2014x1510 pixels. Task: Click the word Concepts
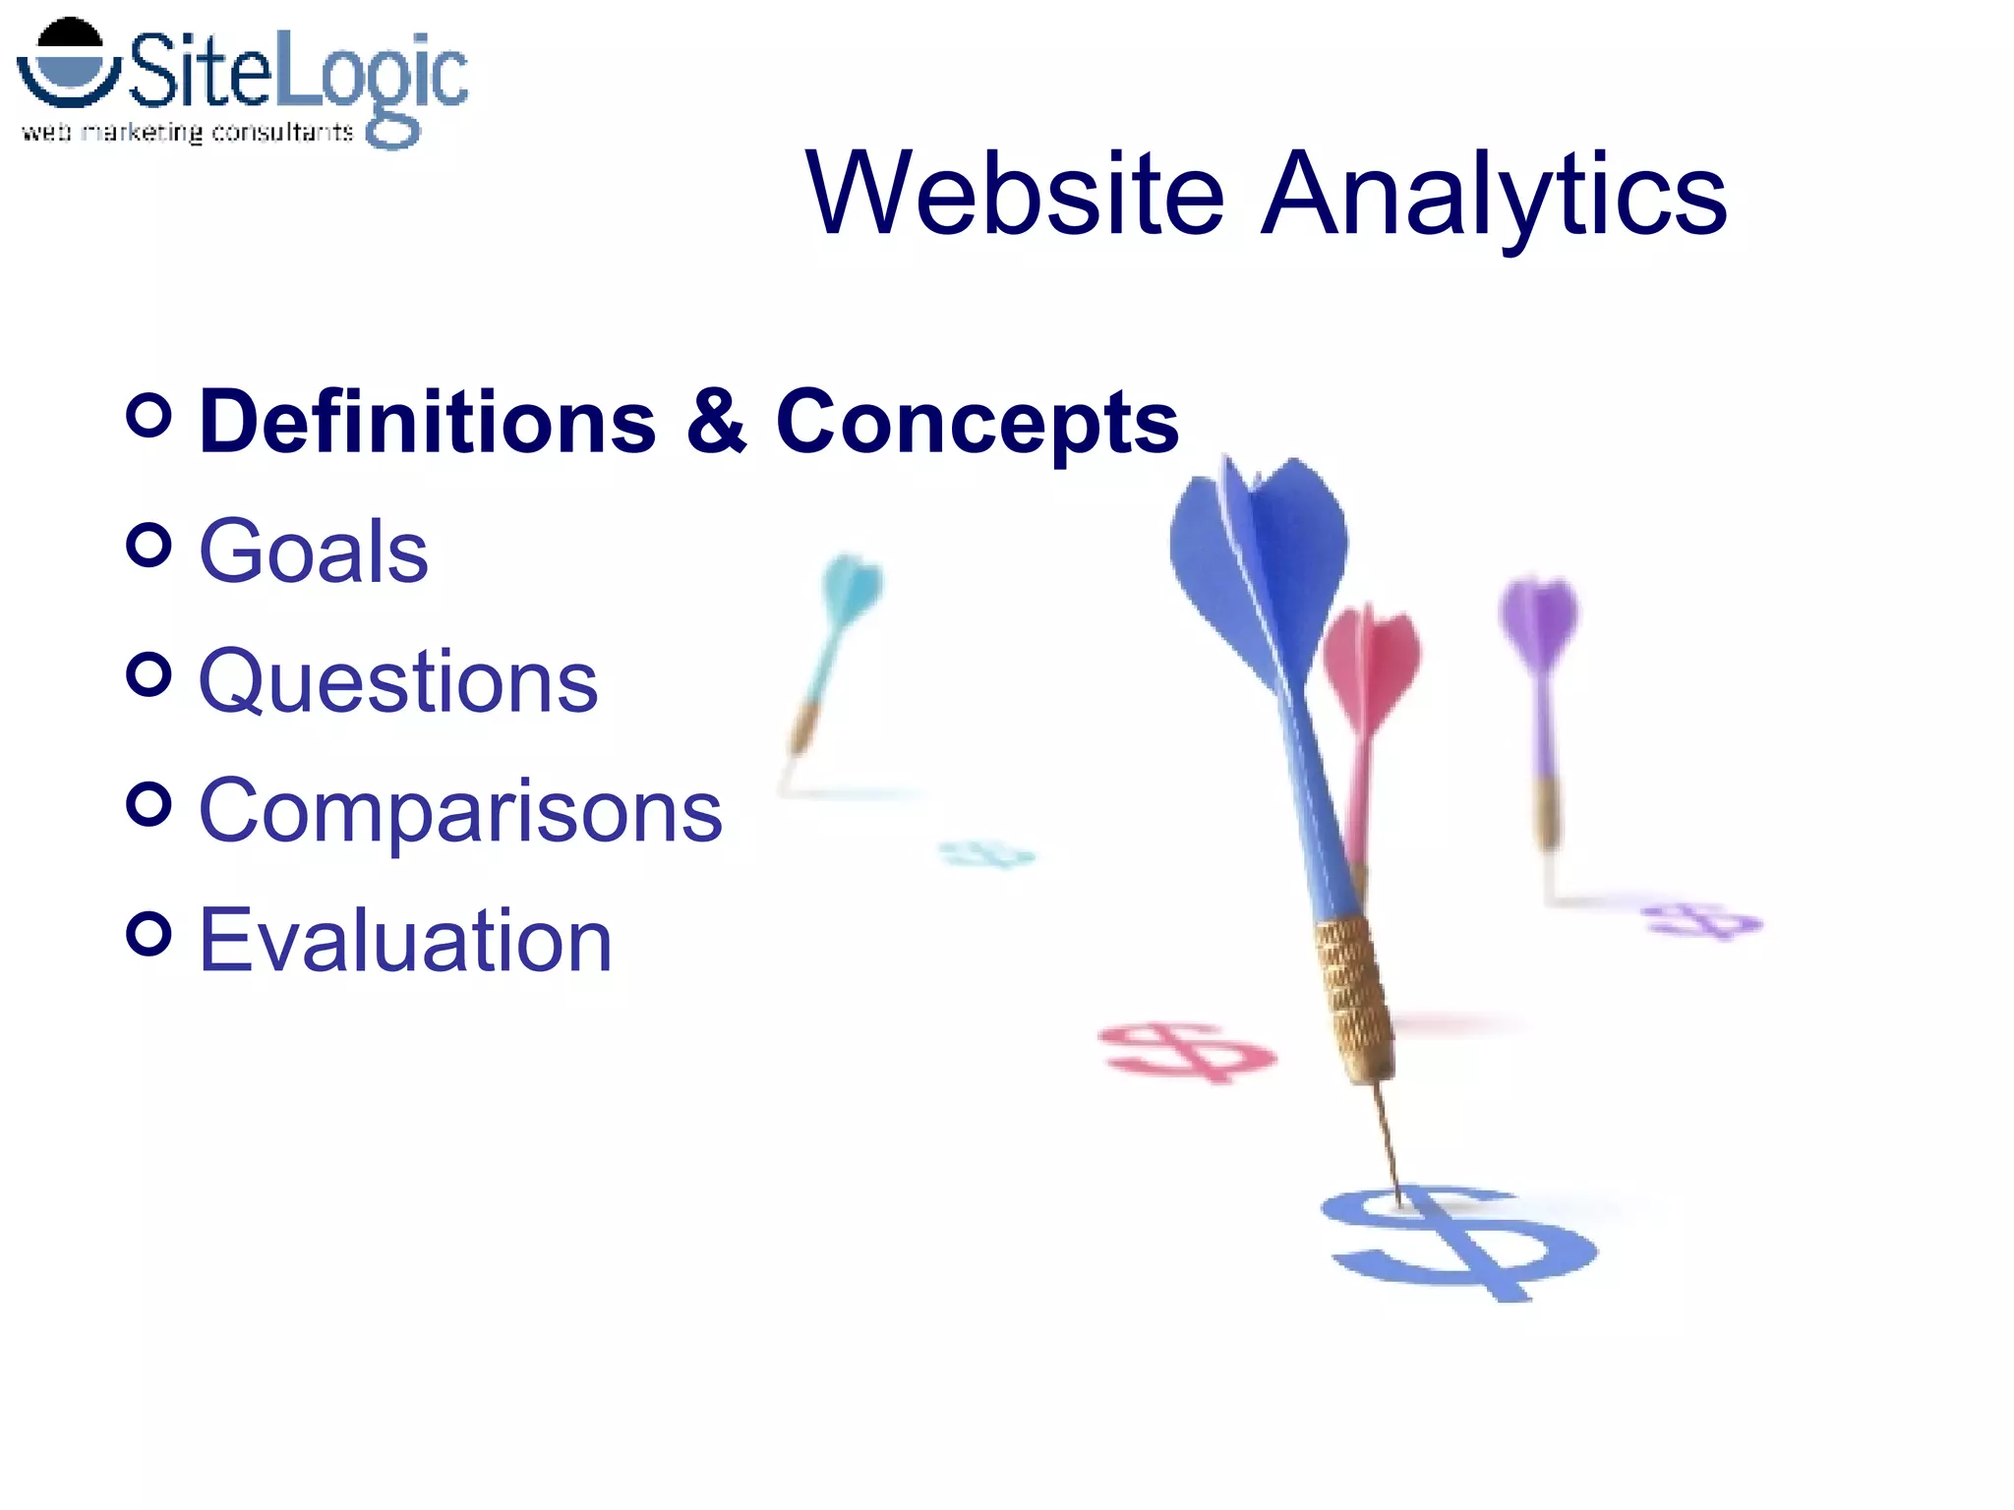coord(977,423)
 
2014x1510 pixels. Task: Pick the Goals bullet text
coord(313,552)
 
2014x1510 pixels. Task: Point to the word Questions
coord(397,681)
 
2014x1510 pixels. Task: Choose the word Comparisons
coord(459,811)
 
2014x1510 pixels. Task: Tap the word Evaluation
coord(404,941)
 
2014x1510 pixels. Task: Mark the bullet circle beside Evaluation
coord(148,933)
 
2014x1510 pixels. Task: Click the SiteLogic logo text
coord(295,74)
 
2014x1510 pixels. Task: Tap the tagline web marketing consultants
coord(187,133)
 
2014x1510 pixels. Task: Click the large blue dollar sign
coord(1460,1244)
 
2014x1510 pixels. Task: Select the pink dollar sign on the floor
coord(1185,1052)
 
